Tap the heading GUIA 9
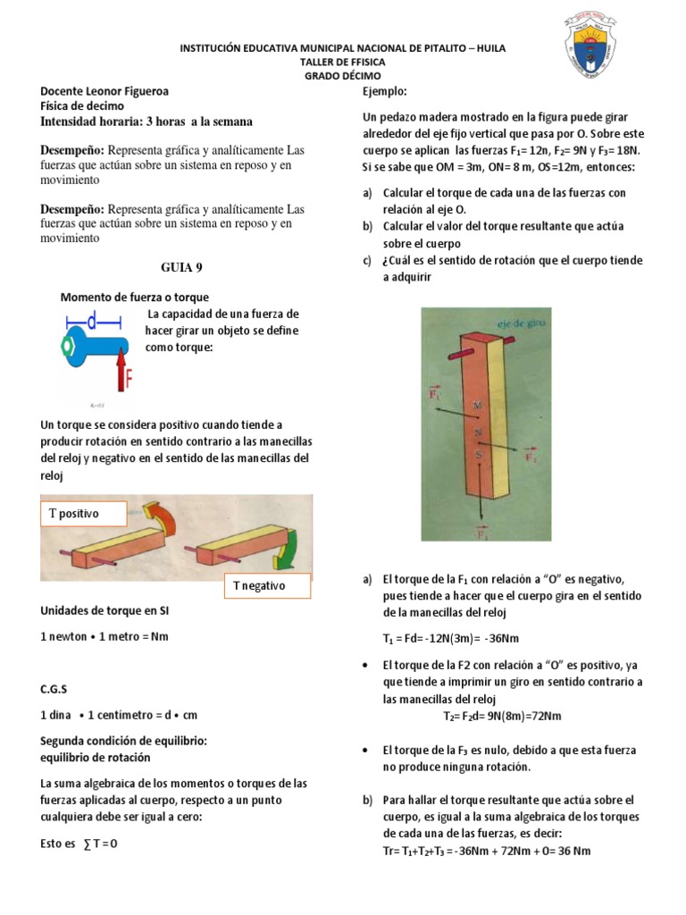176,267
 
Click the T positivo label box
83,514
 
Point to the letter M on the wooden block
477,406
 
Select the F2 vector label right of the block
531,456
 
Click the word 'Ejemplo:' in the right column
385,91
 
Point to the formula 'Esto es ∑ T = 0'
79,843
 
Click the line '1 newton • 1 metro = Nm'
105,636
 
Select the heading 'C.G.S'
54,690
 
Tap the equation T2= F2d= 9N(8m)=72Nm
502,716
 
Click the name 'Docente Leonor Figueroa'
105,91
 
